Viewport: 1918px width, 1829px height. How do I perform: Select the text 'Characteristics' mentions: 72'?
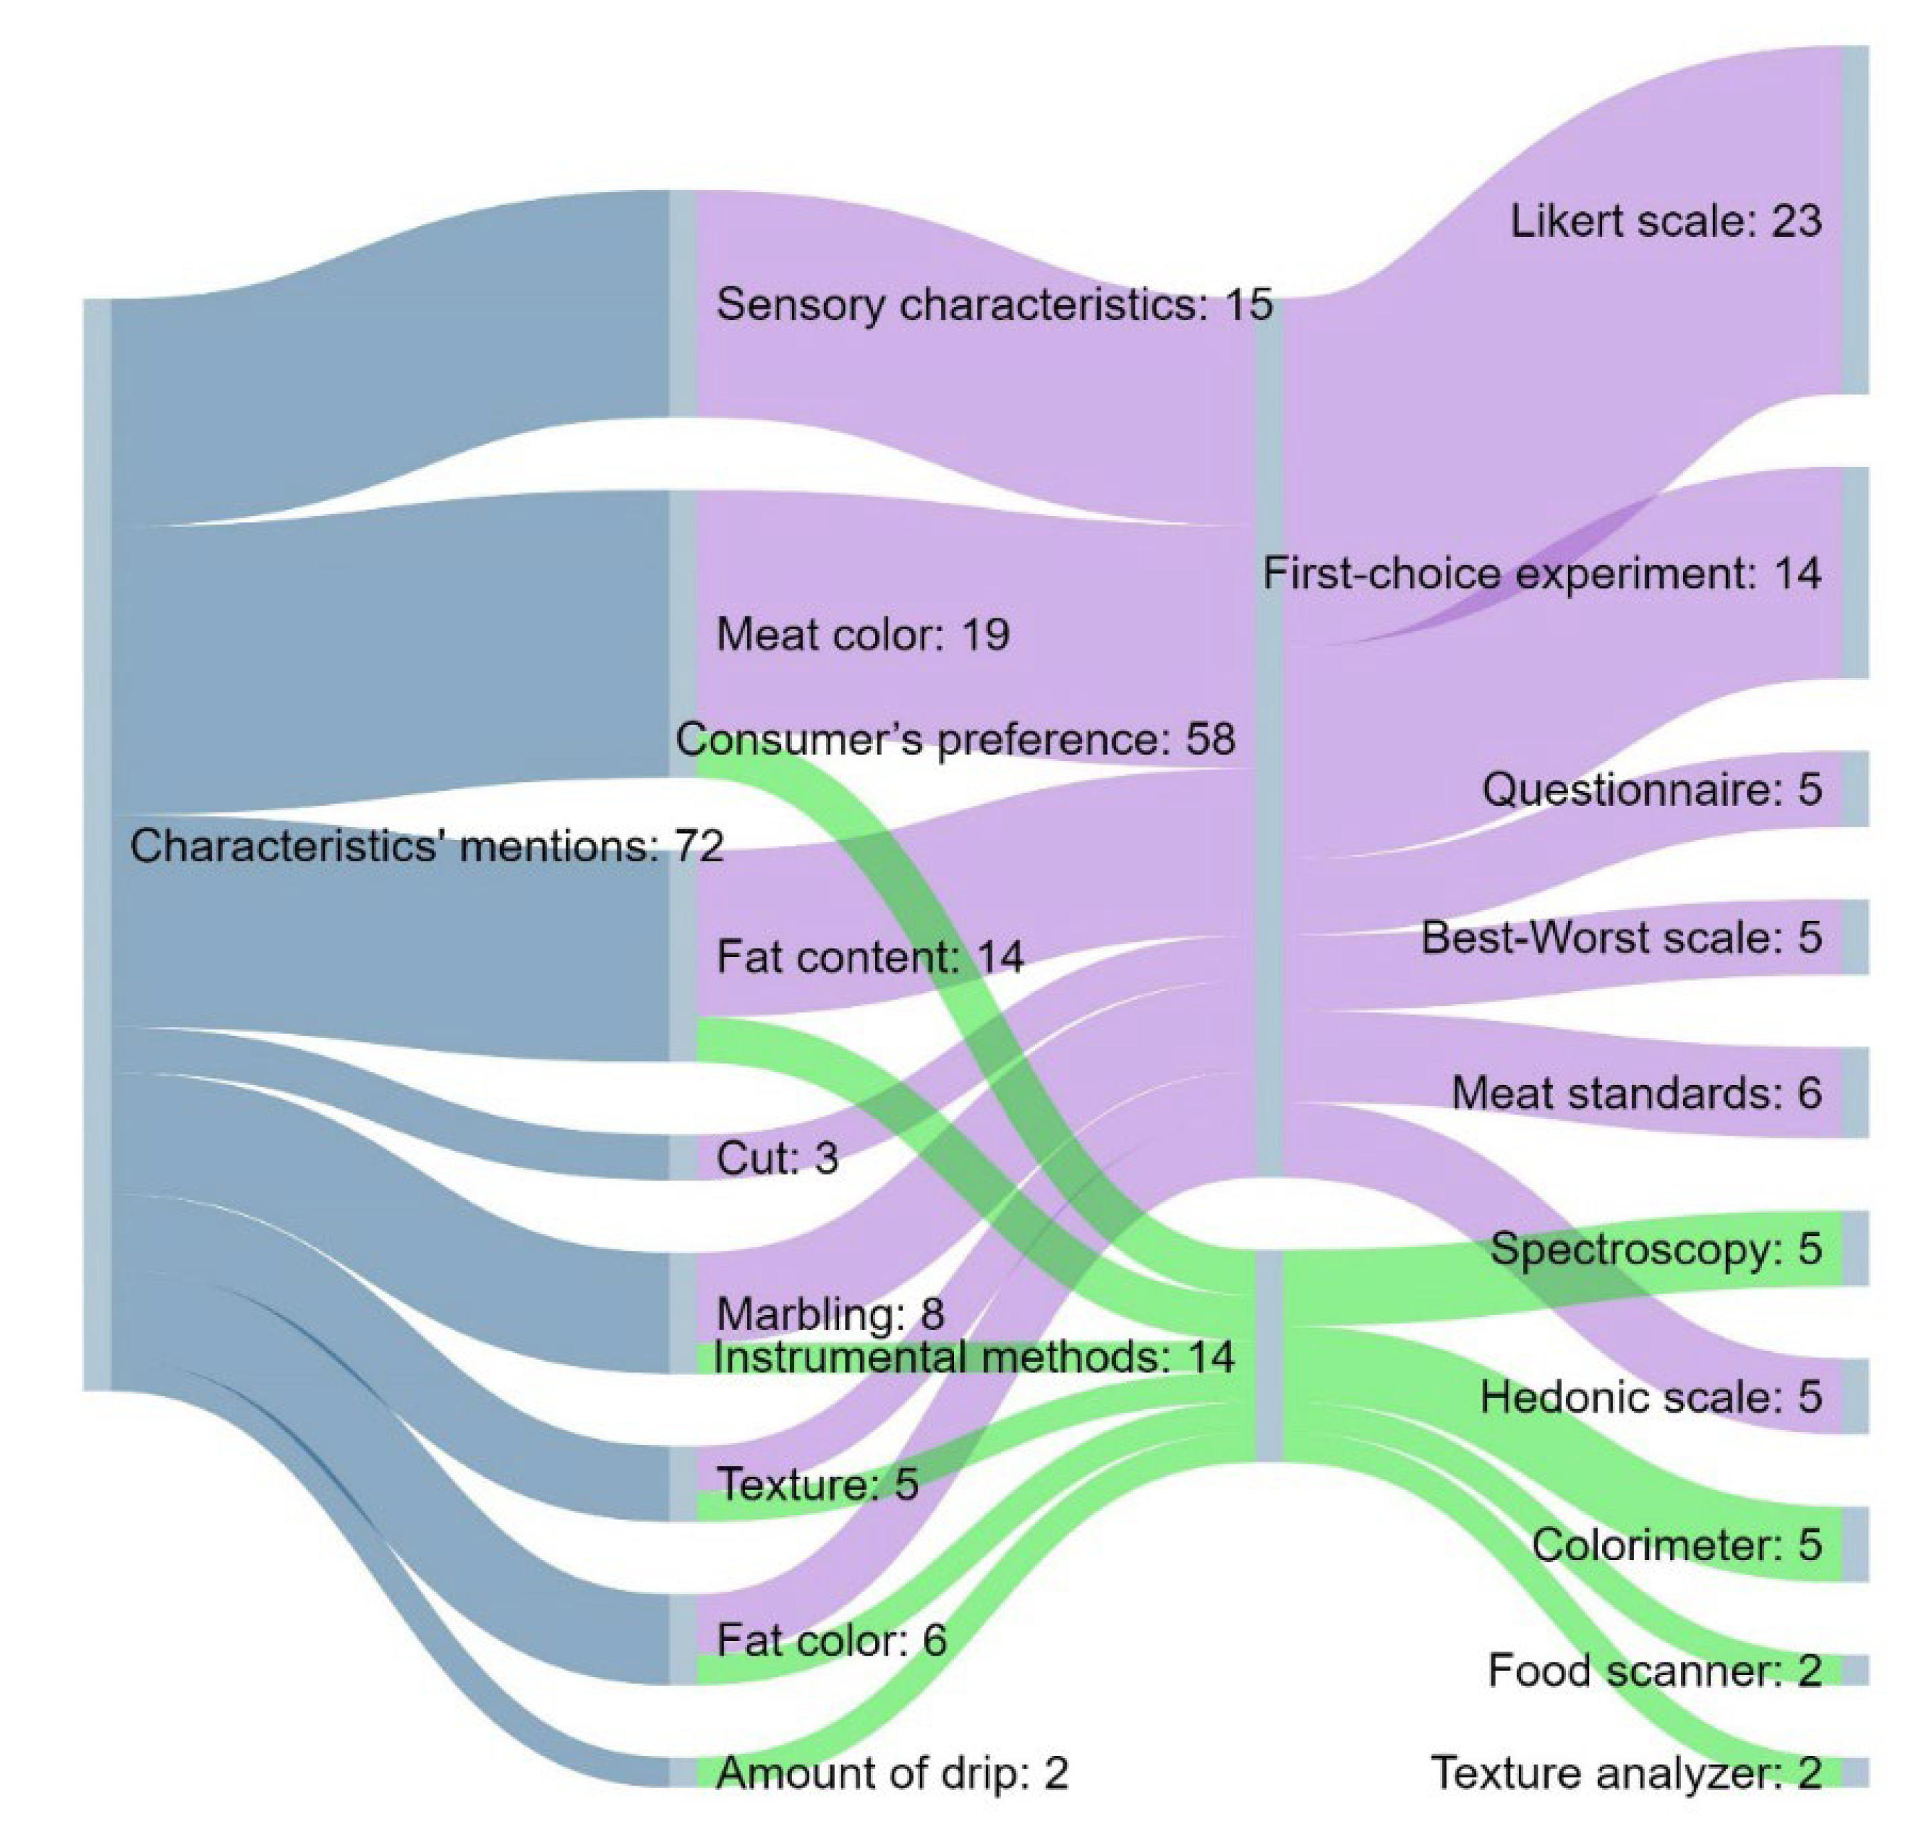tap(426, 847)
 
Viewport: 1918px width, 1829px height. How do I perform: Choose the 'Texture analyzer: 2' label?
tap(1625, 1773)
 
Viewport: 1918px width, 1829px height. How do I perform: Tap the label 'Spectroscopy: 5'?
tap(1655, 1249)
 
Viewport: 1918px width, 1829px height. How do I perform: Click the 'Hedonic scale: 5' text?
tap(1650, 1398)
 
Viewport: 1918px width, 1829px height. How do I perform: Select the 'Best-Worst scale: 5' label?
tap(1621, 938)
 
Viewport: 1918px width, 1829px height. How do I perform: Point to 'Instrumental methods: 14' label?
tap(973, 1358)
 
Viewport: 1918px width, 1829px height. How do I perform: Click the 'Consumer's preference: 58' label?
tap(955, 740)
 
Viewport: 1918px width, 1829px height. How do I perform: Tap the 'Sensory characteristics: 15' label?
tap(993, 305)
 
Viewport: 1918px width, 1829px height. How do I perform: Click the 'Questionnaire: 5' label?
tap(1651, 790)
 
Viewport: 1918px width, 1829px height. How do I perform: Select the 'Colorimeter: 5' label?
tap(1675, 1545)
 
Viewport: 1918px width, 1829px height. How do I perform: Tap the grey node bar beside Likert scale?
tap(1854, 220)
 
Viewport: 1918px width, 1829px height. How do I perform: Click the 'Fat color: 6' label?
tap(831, 1641)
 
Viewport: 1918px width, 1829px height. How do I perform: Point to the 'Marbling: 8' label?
tap(830, 1315)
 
